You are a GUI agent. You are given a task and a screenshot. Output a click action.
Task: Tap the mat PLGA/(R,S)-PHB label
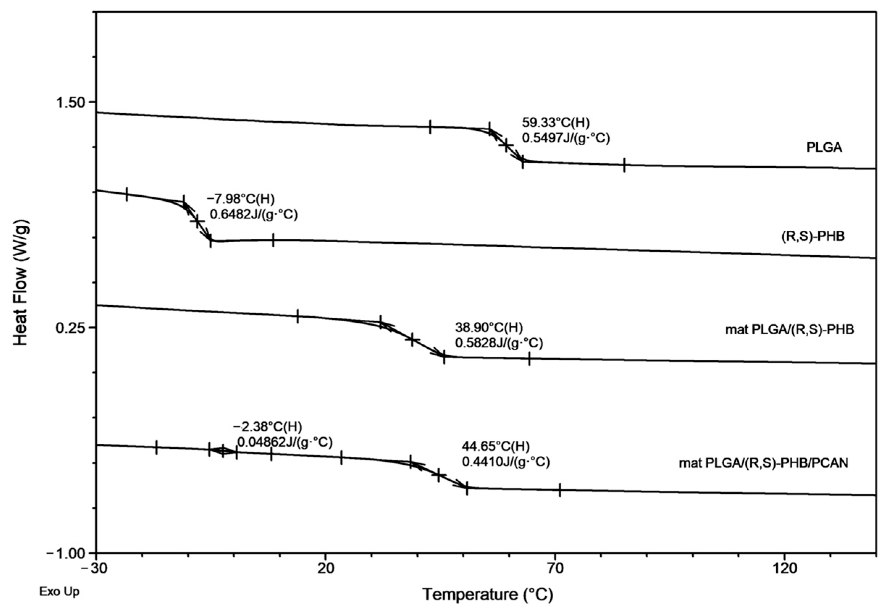tap(789, 330)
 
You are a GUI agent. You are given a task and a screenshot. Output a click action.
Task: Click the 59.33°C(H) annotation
tap(556, 122)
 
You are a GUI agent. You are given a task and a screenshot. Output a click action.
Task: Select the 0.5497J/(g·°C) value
tap(565, 138)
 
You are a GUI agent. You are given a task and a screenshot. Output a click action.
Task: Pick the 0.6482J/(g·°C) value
tap(253, 214)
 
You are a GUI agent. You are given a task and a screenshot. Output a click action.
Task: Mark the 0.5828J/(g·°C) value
tap(499, 343)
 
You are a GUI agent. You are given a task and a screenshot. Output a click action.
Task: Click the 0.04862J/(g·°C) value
tap(285, 442)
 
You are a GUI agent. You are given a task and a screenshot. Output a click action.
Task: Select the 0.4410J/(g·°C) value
tap(506, 462)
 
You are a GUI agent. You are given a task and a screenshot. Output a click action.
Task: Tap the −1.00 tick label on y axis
tap(67, 553)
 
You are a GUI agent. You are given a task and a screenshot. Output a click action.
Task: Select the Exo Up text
tap(60, 592)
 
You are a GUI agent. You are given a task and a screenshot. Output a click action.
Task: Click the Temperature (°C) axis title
tap(488, 595)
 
